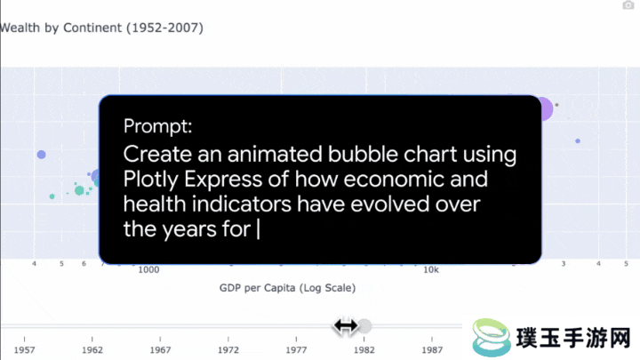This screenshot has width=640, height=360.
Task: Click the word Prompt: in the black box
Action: point(157,126)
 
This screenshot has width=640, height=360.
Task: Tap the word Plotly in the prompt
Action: point(151,180)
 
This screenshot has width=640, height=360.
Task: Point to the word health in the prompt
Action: point(155,204)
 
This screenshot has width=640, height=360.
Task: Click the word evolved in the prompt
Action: point(390,204)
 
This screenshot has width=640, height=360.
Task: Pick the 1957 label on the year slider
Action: point(25,350)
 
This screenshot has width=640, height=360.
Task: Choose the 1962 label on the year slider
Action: point(92,350)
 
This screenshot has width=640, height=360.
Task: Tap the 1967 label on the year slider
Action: point(160,350)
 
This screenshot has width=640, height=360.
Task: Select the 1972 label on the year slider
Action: point(228,350)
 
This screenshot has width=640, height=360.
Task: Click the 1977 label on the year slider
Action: point(296,350)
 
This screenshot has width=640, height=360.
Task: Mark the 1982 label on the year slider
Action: point(364,350)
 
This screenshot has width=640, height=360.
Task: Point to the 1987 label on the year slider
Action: point(432,350)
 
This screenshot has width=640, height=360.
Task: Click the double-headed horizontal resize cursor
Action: point(346,326)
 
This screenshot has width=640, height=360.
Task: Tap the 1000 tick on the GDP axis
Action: point(148,270)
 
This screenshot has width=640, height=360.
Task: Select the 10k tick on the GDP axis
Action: point(431,270)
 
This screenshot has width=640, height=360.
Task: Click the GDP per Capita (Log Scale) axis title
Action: point(287,288)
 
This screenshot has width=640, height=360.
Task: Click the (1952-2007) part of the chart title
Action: point(164,28)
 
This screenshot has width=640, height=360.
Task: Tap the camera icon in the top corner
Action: point(628,5)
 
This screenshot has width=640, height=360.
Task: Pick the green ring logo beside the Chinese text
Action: point(492,337)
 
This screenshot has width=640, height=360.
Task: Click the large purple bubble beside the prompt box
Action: point(545,109)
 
